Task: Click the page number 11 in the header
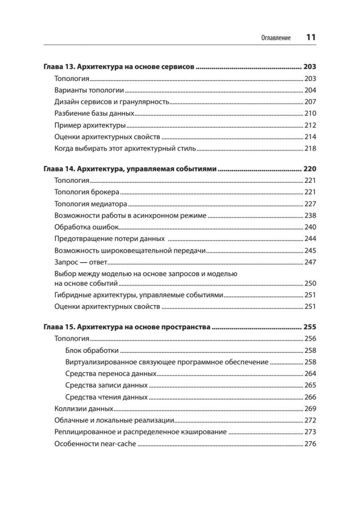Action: (x=311, y=37)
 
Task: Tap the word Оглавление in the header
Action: (x=276, y=38)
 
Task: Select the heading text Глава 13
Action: (x=59, y=67)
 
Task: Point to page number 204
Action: (x=310, y=90)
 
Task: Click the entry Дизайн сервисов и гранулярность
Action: (x=112, y=102)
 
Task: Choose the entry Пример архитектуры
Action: (x=90, y=125)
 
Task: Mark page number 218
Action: (x=310, y=148)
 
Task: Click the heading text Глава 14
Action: (x=59, y=169)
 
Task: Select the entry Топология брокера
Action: (x=87, y=192)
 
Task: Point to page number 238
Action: (x=310, y=215)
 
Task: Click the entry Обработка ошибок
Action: (x=87, y=227)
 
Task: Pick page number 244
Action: (x=310, y=239)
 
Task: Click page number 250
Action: (x=310, y=283)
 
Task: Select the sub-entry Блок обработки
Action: (x=92, y=350)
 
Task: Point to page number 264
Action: (x=310, y=374)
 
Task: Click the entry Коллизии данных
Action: (x=84, y=409)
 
